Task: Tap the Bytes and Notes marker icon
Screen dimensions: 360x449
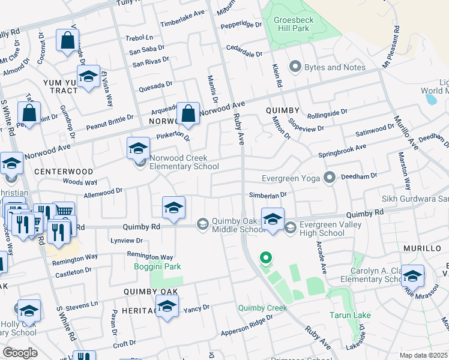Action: click(x=295, y=67)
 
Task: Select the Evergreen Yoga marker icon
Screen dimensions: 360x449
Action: click(x=328, y=177)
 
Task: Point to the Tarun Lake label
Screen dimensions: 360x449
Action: click(x=349, y=315)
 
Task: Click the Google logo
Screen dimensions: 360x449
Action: click(x=20, y=352)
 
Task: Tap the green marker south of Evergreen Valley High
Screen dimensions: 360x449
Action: click(x=265, y=259)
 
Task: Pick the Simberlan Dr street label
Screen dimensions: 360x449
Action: click(x=268, y=195)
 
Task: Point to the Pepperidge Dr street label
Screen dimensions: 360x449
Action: click(x=242, y=26)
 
